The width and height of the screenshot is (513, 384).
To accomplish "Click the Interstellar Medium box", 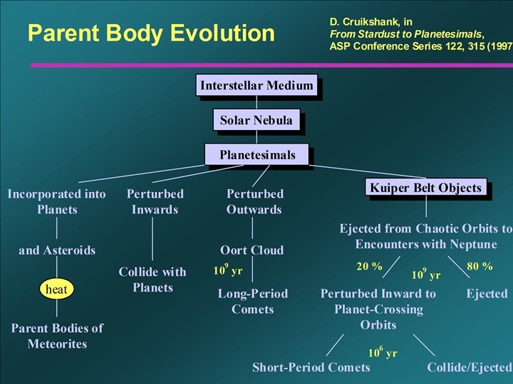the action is pos(256,86).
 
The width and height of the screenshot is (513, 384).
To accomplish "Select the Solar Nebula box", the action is pos(256,120).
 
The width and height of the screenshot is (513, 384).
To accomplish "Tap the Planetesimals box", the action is pos(257,154).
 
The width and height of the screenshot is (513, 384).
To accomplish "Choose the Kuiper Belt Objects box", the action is pos(426,188).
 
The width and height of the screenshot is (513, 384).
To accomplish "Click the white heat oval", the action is pos(56,289).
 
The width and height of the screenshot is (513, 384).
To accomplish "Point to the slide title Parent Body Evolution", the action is pos(150,33).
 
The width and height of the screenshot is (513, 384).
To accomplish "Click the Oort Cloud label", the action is pos(252,250).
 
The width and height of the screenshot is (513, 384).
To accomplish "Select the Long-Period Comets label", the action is pos(253,302).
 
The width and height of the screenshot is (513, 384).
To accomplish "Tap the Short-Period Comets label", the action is pos(311,368).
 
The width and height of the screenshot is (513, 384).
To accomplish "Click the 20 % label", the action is pos(369,267).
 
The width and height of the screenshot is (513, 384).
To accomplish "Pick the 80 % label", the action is pos(480,267).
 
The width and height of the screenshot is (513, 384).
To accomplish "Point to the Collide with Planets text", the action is pos(152,279).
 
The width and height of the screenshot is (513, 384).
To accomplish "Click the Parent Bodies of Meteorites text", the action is pos(57,336).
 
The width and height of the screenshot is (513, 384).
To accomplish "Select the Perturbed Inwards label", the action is pos(155,201).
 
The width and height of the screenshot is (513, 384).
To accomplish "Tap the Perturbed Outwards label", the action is pos(254,201).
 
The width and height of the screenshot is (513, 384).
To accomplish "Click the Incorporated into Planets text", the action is pos(56,201).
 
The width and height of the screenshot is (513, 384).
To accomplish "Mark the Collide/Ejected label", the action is pos(469,368).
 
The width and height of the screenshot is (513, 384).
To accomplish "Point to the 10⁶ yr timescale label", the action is pos(383,352).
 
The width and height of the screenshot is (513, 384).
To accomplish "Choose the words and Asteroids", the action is pos(57,250).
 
